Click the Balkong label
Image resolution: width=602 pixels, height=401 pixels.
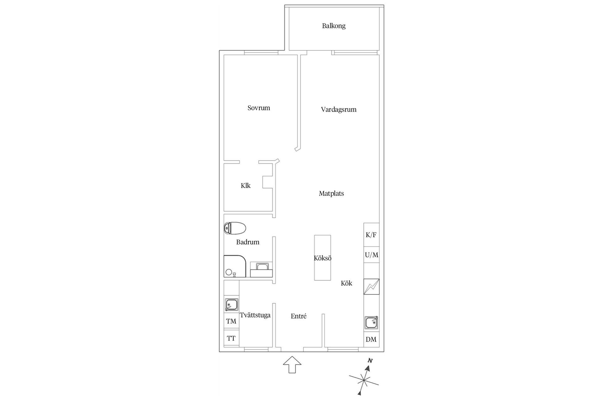pos(334,26)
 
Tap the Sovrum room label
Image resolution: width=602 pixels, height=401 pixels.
pos(259,108)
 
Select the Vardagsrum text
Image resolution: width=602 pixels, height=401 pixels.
pos(339,110)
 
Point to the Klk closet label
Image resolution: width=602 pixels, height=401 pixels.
pos(246,186)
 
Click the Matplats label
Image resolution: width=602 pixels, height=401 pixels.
pos(331,194)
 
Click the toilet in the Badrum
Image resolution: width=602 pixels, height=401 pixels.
pos(235,228)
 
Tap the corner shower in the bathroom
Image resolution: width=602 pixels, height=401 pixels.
pos(234,266)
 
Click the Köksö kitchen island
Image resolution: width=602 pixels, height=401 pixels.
pos(323,258)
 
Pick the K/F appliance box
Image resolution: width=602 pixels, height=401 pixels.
pos(371,235)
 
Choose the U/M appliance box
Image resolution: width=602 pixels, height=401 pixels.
pos(372,255)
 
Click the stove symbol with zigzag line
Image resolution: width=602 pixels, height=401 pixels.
pos(371,287)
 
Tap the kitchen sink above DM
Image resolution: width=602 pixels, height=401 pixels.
pos(371,323)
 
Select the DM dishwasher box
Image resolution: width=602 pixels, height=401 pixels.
pos(371,340)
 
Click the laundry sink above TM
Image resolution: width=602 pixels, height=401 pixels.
pos(231,305)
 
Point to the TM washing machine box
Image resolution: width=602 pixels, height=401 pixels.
pos(231,321)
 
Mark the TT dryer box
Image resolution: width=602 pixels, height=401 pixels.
pos(231,338)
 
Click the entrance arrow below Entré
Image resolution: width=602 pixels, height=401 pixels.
pos(292,364)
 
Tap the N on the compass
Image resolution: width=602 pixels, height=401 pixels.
pos(370,361)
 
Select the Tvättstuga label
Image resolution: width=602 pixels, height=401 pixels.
pos(255,315)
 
